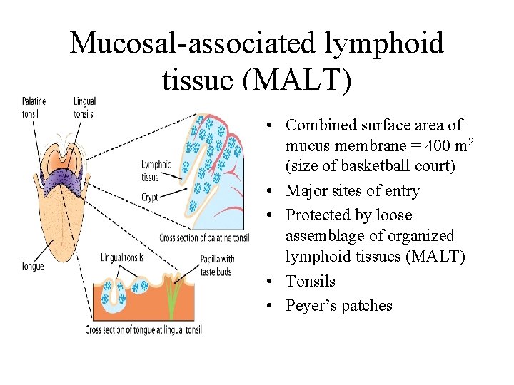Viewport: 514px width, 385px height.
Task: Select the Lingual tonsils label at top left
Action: [84, 107]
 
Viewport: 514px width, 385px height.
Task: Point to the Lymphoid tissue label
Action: [156, 170]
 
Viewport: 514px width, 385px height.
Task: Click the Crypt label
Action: [150, 197]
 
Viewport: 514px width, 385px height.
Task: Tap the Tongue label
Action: [33, 266]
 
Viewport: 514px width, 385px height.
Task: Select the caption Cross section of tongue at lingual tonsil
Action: [143, 329]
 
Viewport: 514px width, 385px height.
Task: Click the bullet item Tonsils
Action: [311, 281]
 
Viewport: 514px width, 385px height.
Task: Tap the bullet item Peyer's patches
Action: [339, 305]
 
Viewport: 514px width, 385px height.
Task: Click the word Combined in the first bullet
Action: [318, 125]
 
